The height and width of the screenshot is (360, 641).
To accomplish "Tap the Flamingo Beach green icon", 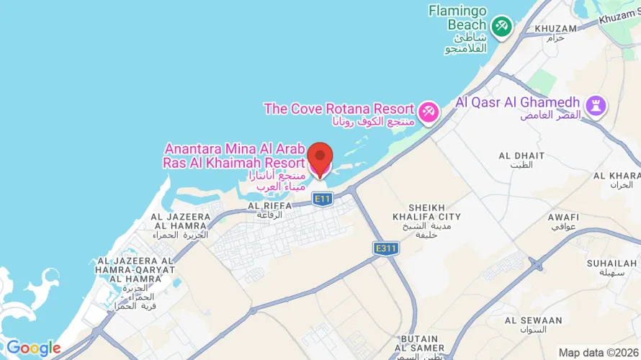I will [x=501, y=26].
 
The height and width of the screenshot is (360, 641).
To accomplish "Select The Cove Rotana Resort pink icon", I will [x=429, y=112].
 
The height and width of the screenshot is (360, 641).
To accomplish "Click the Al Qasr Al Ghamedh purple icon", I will [x=596, y=106].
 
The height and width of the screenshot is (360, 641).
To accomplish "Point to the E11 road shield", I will [x=322, y=198].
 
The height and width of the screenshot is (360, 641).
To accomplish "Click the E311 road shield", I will [x=386, y=248].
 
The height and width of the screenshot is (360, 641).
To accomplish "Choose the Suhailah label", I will [x=611, y=267].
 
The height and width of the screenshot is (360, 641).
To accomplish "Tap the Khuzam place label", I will [x=556, y=32].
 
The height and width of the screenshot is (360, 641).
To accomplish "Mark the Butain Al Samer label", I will [x=420, y=343].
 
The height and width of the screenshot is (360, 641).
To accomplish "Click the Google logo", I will [x=33, y=348].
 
